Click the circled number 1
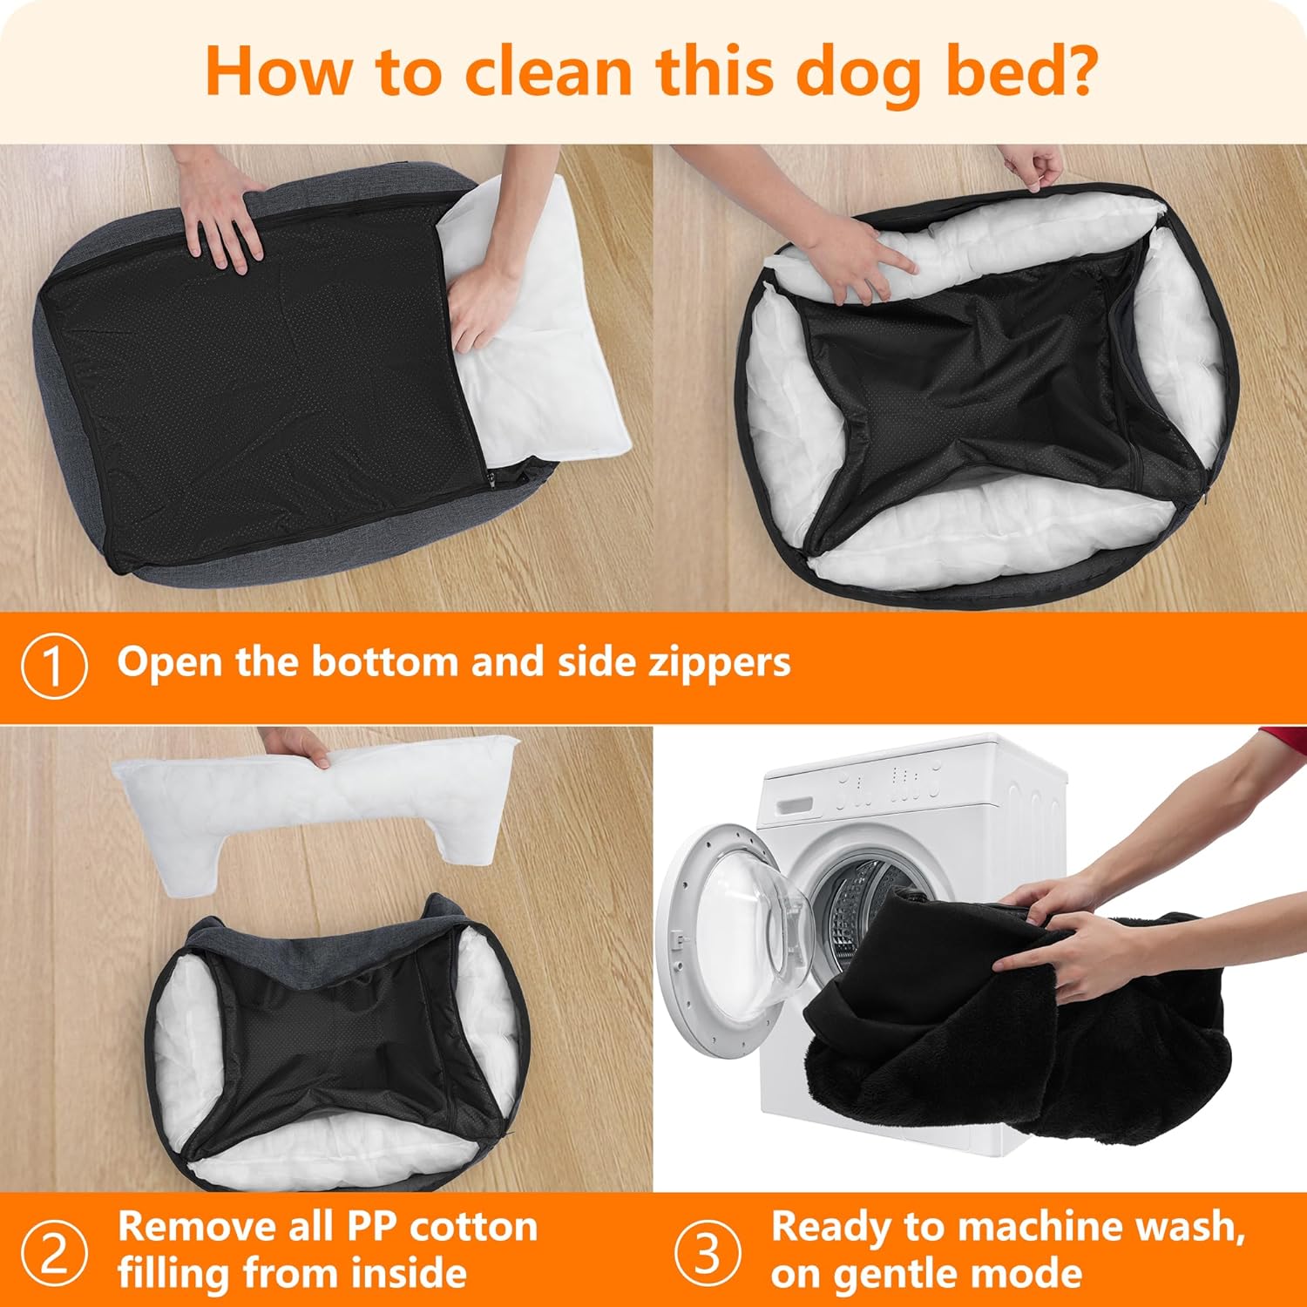click(54, 667)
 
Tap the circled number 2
click(54, 1253)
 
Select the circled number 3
click(708, 1253)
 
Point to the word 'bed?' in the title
click(1021, 71)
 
